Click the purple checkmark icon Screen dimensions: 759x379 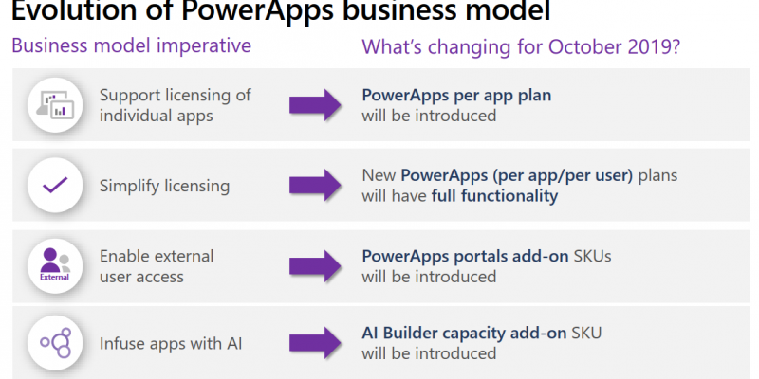pos(55,185)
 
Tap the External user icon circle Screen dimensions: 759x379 pos(55,265)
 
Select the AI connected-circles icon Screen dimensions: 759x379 pos(55,343)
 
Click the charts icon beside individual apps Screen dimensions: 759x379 pos(55,105)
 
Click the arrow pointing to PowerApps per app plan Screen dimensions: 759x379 pos(316,105)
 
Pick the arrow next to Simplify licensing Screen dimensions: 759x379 pos(316,185)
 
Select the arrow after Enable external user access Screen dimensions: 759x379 pos(316,266)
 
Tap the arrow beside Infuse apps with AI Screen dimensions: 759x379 pos(316,343)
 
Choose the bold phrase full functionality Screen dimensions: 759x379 pos(494,196)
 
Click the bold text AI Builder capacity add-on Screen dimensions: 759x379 pos(464,334)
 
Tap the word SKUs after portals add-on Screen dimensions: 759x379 pos(592,256)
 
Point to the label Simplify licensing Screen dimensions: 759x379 pos(164,186)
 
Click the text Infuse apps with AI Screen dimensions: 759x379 pos(171,344)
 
